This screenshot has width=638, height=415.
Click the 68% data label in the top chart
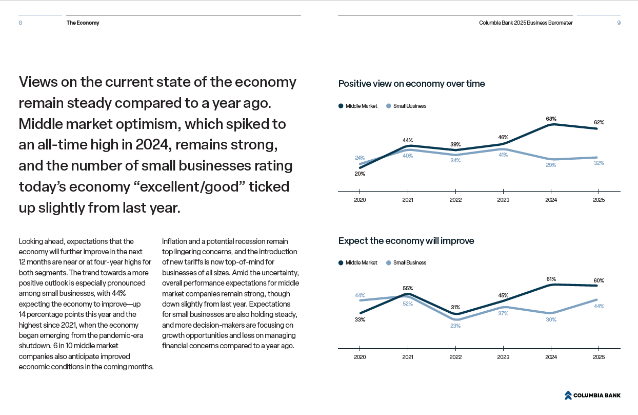(x=551, y=119)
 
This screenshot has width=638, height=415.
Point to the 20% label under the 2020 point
(x=360, y=174)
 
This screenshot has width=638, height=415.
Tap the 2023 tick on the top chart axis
(x=503, y=200)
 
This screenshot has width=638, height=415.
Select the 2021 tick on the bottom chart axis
(x=408, y=357)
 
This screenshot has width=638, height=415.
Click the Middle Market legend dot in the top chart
(x=341, y=106)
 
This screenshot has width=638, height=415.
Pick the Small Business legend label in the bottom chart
(x=410, y=262)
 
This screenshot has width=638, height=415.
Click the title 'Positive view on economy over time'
(x=411, y=84)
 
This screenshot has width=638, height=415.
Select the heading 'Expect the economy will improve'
(x=406, y=241)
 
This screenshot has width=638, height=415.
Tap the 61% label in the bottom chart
(x=551, y=279)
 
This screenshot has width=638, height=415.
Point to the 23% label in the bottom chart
(x=455, y=326)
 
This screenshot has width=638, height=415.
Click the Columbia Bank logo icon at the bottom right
(x=568, y=395)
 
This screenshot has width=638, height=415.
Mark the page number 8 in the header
(x=20, y=23)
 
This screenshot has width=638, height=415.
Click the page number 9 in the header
(x=619, y=23)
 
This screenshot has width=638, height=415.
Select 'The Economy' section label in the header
(x=83, y=23)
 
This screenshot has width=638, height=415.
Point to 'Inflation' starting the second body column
(x=173, y=241)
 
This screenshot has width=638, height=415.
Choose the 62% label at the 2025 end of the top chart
(x=599, y=122)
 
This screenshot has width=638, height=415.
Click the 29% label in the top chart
(x=551, y=165)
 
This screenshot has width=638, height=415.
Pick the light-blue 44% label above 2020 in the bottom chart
(x=360, y=295)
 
